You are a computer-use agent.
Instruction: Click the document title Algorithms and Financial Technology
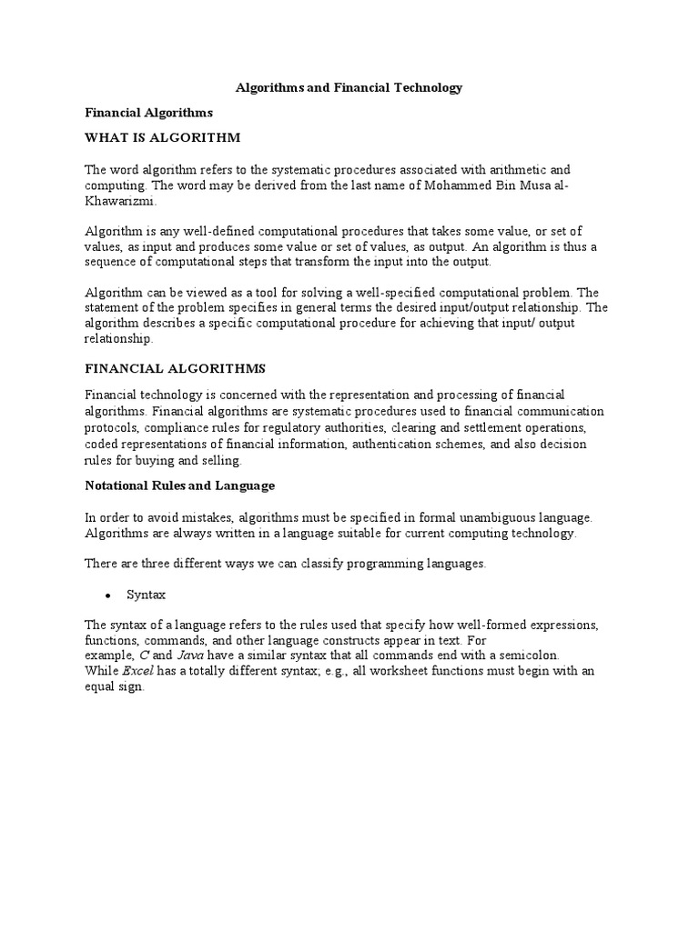(349, 88)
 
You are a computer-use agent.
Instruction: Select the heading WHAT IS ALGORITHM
(162, 138)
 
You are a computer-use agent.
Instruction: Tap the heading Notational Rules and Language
(179, 486)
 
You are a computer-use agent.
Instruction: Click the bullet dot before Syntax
(108, 596)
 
